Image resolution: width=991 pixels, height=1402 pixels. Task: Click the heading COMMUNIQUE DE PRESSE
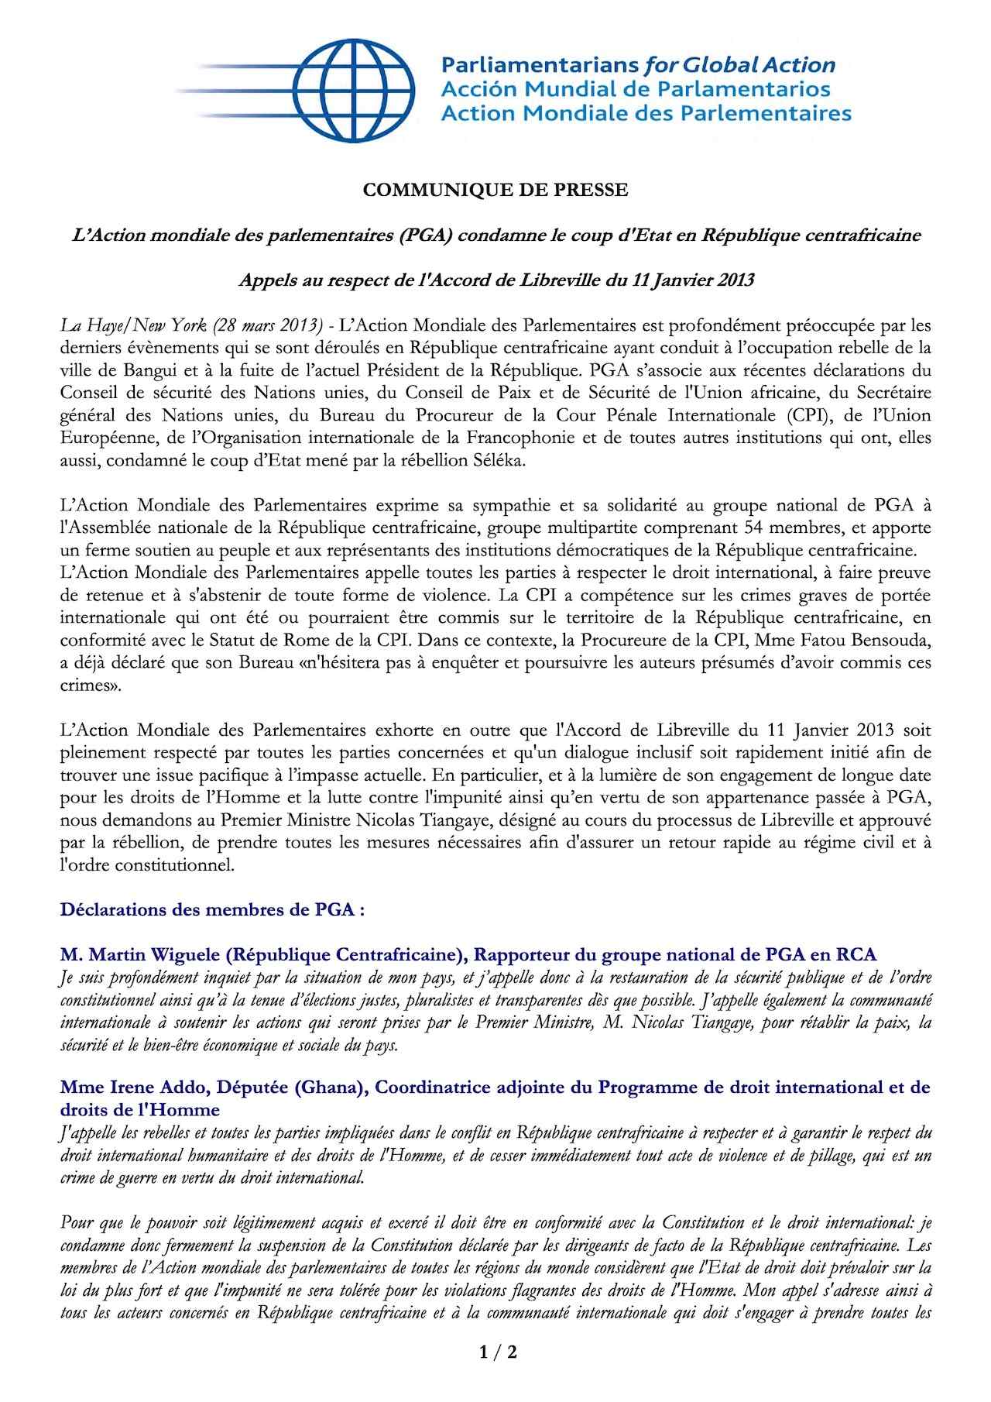click(495, 190)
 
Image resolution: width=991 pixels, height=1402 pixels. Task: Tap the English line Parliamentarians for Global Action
click(638, 65)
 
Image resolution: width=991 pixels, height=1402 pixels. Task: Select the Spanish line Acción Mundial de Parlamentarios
click(635, 89)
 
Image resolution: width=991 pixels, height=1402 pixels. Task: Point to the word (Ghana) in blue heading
click(329, 1088)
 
